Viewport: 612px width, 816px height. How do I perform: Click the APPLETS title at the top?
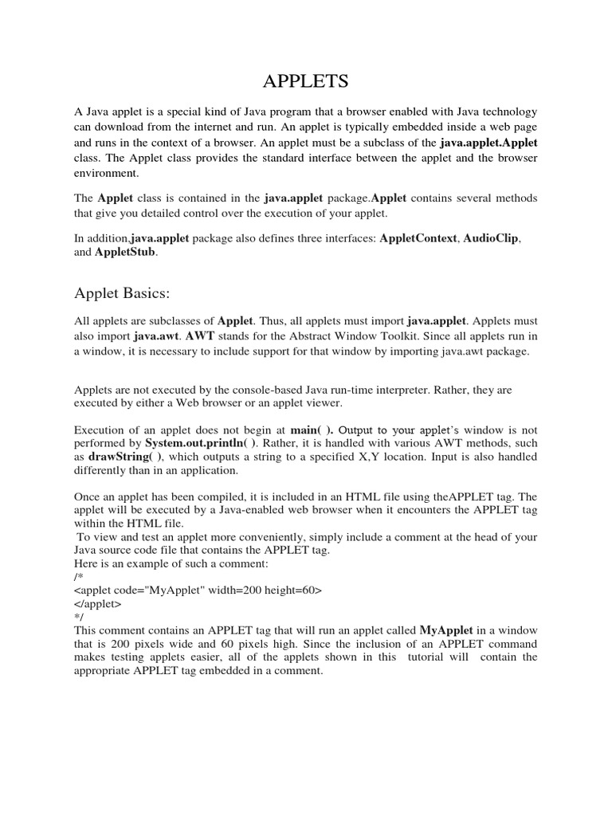click(x=306, y=82)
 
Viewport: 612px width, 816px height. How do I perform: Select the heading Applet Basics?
click(x=122, y=293)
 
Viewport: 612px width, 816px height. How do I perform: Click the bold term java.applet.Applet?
click(x=488, y=143)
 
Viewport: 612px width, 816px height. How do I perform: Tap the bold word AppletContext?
click(x=418, y=238)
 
